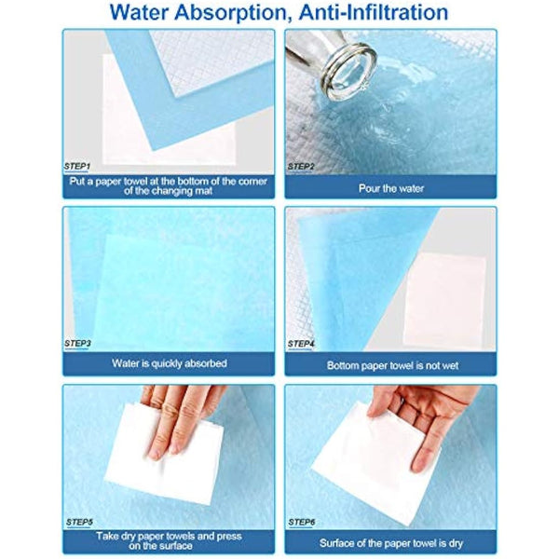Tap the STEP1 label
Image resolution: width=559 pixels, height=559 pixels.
(77, 166)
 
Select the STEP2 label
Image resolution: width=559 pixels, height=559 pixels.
(301, 166)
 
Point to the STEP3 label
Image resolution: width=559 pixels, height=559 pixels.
(77, 344)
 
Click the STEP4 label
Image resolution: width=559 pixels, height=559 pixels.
(301, 344)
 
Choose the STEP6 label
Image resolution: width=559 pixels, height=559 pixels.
(301, 522)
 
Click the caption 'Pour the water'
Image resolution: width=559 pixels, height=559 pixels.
(390, 187)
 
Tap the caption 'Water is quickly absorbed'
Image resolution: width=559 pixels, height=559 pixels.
(169, 363)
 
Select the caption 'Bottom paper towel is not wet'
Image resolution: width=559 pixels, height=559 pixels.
(390, 365)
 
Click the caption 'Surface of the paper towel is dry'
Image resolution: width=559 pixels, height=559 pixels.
(390, 542)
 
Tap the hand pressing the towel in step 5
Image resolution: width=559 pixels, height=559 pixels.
(182, 415)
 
